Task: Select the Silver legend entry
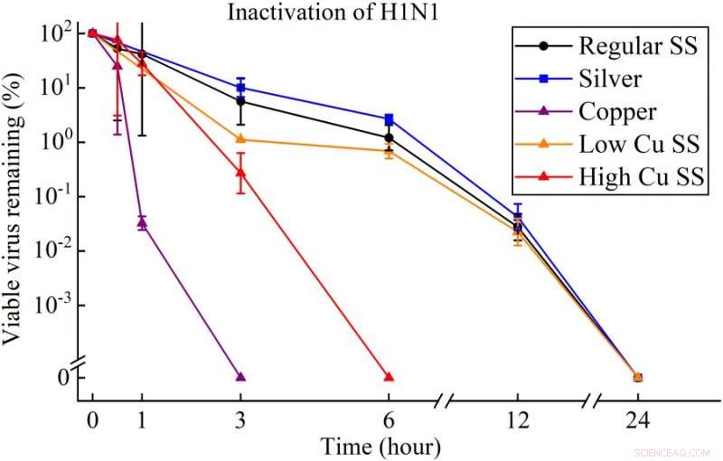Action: (610, 79)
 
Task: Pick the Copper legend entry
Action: (617, 111)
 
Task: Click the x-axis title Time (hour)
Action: (380, 446)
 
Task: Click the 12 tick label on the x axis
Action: (517, 421)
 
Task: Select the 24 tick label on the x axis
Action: (638, 421)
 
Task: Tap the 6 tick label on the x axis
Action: (389, 421)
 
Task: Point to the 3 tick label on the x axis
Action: (240, 421)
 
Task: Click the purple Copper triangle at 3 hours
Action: (240, 376)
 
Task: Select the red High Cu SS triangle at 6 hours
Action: (389, 376)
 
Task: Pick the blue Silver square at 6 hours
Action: (389, 119)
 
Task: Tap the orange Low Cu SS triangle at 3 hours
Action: (240, 138)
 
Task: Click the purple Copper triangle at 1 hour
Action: (142, 221)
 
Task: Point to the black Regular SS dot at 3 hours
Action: (240, 101)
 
